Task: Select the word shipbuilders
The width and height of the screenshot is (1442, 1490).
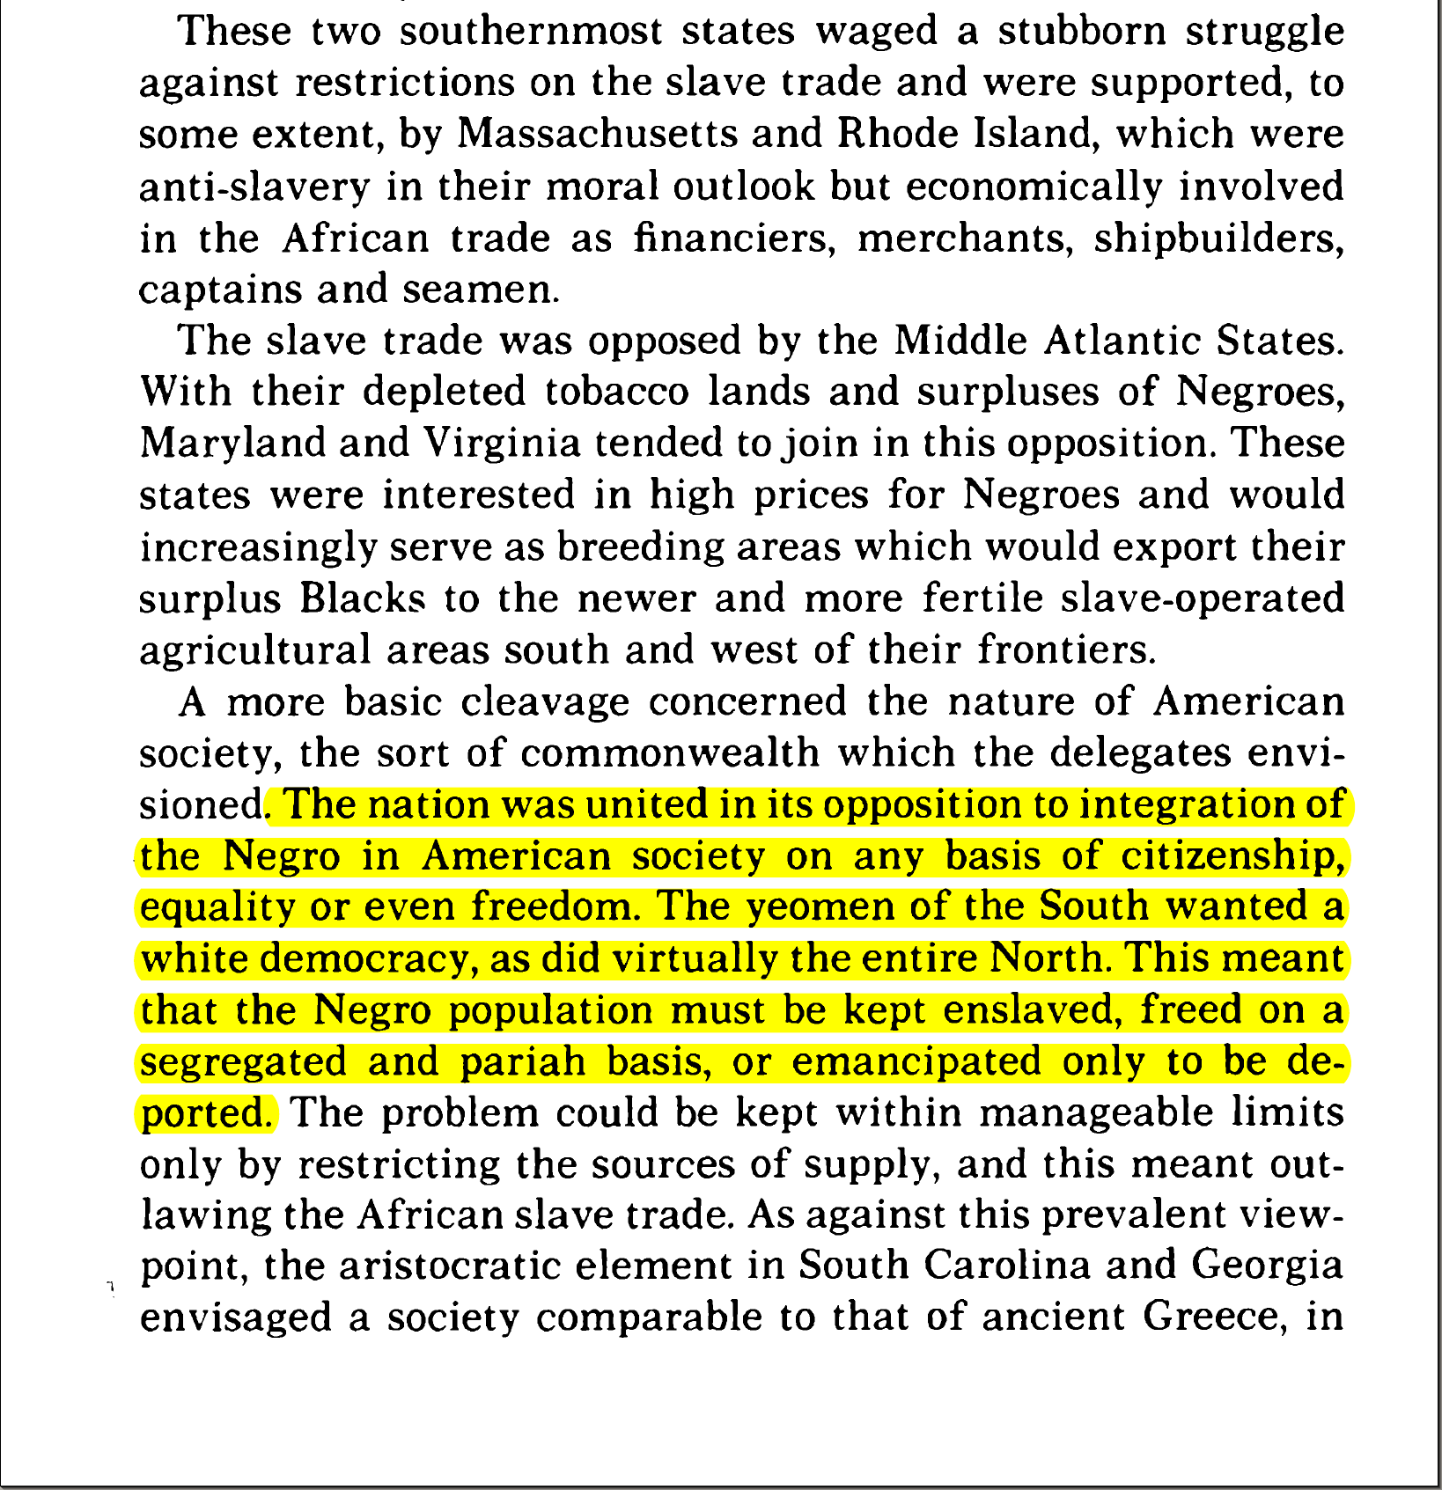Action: coord(1218,239)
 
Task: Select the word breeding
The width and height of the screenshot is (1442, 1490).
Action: coord(641,547)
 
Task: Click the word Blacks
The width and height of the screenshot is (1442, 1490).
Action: coord(363,599)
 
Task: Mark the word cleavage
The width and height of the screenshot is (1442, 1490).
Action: coord(545,702)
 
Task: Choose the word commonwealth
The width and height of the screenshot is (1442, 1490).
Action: coord(669,753)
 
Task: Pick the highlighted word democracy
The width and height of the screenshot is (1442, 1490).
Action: coord(369,959)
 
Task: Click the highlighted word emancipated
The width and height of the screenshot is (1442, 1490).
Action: coord(916,1062)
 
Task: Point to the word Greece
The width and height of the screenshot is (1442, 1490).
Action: coord(1205,1318)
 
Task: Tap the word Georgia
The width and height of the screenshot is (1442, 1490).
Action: coord(1267,1266)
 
